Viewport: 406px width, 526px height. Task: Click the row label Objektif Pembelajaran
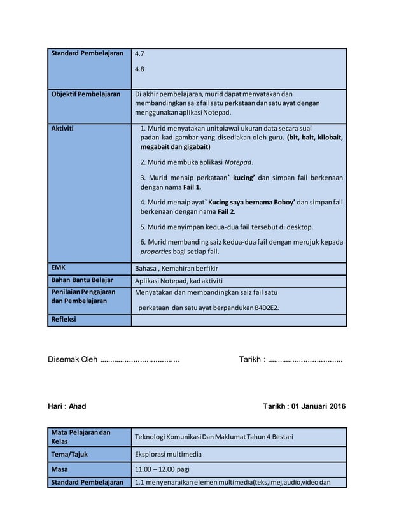(85, 94)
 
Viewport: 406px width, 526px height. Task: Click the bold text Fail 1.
(190, 187)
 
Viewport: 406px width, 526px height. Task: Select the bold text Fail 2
(226, 211)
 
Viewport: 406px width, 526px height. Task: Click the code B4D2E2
(266, 308)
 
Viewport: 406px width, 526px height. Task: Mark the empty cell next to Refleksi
(239, 320)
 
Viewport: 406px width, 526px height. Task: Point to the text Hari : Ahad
(67, 406)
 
